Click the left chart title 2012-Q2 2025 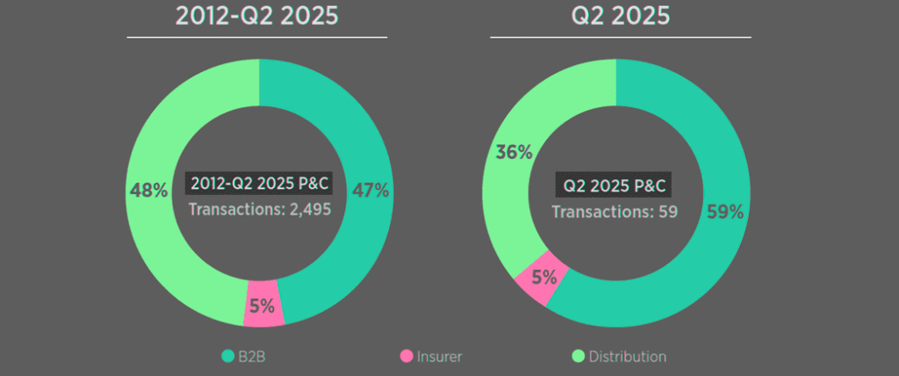[x=257, y=17]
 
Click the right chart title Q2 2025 [x=620, y=17]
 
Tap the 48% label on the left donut [x=148, y=190]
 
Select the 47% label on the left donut [x=370, y=190]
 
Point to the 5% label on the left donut [x=262, y=307]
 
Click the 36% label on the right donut [x=514, y=152]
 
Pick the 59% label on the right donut [x=725, y=212]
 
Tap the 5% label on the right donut [x=544, y=278]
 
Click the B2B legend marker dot [x=227, y=357]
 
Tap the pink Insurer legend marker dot [x=406, y=357]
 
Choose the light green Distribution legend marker [x=578, y=357]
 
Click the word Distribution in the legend [x=628, y=357]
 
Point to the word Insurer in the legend [x=440, y=357]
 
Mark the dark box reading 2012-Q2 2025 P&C [x=259, y=184]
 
